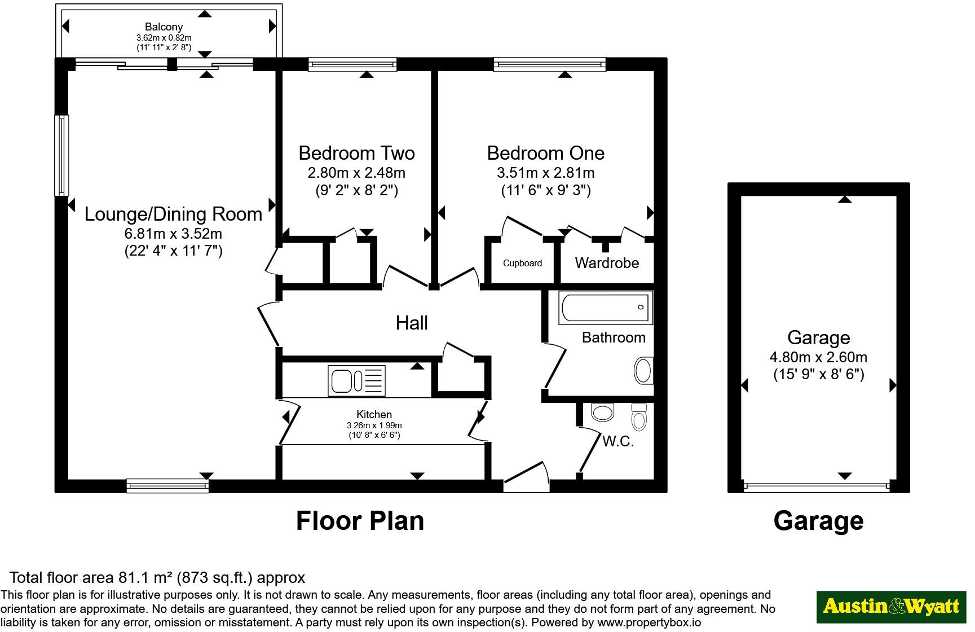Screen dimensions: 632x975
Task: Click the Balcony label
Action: coord(164,27)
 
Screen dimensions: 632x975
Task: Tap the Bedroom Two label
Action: coord(356,153)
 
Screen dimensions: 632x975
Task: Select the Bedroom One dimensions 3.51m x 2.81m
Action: coord(546,173)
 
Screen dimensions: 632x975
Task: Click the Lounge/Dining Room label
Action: coord(173,214)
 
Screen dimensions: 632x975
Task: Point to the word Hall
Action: coord(412,323)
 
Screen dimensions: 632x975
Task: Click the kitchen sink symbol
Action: coord(356,380)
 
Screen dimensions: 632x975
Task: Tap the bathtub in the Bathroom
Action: coord(606,308)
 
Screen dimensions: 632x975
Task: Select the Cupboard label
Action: coord(522,263)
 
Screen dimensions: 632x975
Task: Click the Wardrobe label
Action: coord(607,263)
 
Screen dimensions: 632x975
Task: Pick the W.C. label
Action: coord(618,441)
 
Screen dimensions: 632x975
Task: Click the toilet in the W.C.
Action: coord(639,418)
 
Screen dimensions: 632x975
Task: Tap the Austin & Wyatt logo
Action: coord(891,607)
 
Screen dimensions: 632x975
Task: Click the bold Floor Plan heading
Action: coord(360,520)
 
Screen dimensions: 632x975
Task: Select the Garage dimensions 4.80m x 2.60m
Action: coord(818,357)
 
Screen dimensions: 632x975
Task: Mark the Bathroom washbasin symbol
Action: coord(643,371)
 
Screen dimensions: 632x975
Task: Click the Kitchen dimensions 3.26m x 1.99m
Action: coord(374,425)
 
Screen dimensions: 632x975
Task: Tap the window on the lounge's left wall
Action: coord(61,155)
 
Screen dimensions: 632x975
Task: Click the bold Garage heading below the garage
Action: coord(818,520)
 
